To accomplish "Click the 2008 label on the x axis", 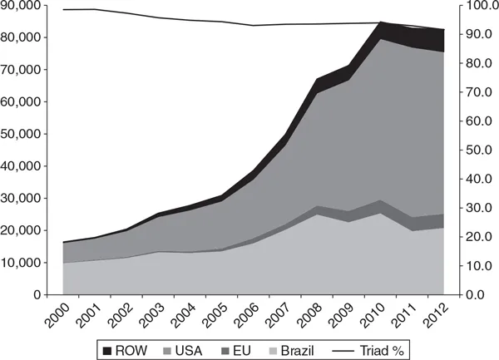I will click(x=303, y=313).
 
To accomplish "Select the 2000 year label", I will click(x=53, y=313).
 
